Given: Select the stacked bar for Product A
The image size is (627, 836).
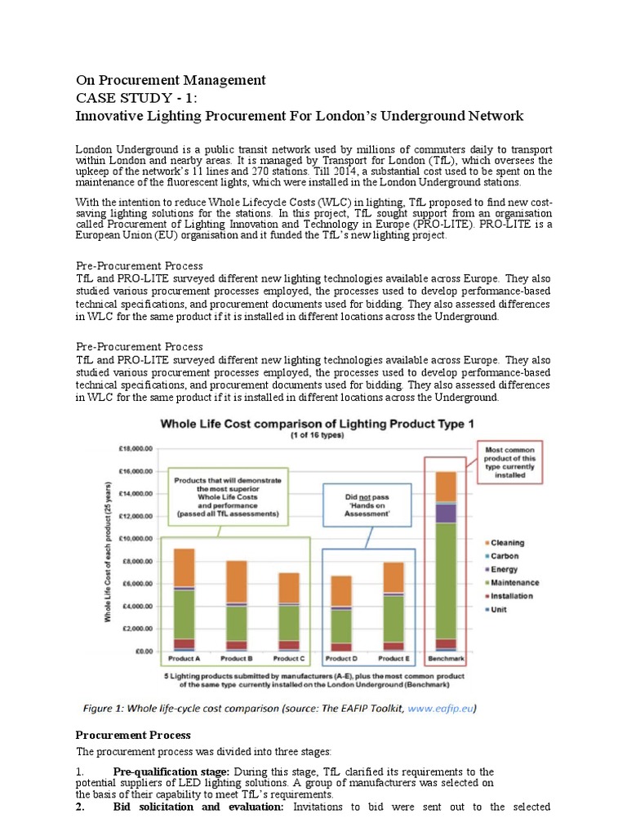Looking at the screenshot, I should [184, 600].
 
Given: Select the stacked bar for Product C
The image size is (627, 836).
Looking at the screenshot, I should [289, 612].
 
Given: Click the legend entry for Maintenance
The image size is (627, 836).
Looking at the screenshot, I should [514, 582].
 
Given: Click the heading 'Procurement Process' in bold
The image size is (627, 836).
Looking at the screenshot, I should [133, 735].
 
